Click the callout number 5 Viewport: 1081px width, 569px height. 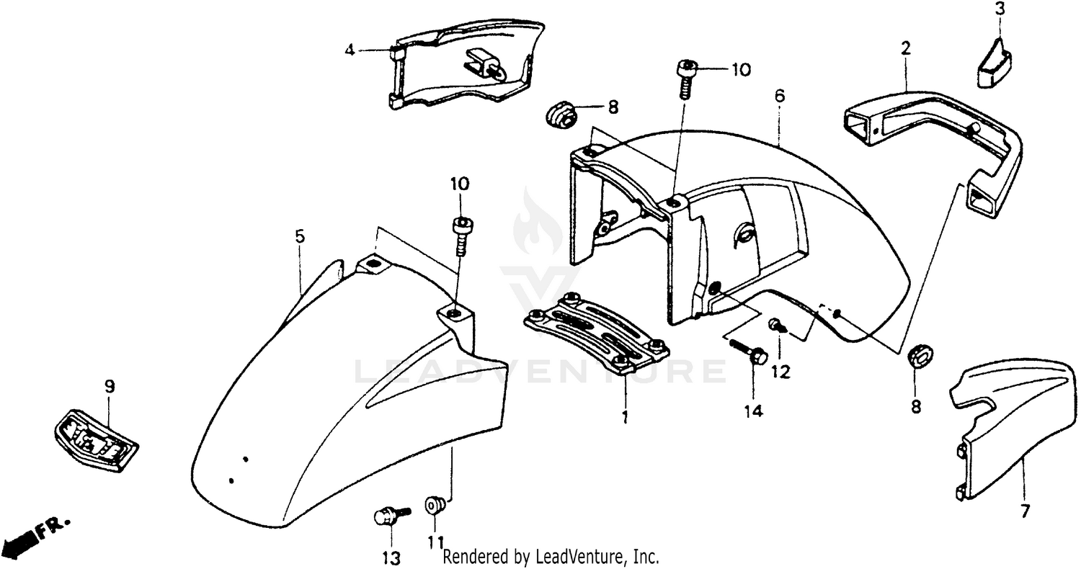click(x=300, y=236)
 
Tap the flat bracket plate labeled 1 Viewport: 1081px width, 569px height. click(x=597, y=334)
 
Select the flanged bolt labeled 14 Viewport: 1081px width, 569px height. click(x=749, y=354)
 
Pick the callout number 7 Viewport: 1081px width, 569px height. click(x=1024, y=511)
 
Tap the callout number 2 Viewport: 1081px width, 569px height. click(x=905, y=49)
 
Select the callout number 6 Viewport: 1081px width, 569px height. click(x=780, y=96)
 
